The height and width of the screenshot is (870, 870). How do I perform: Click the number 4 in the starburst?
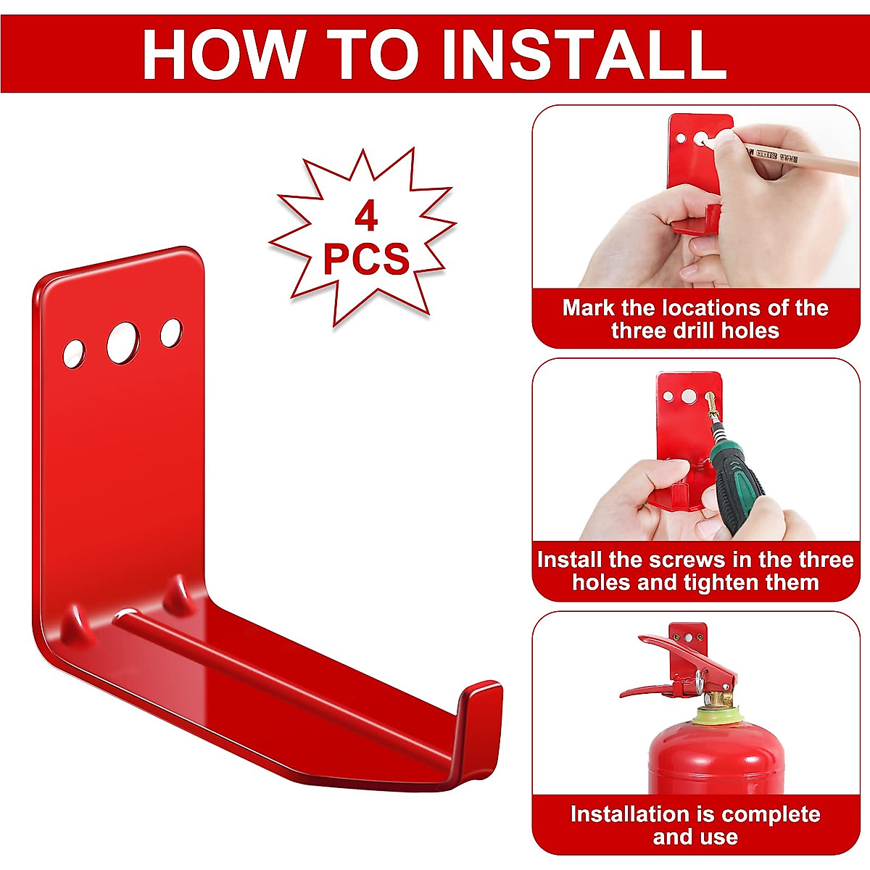(x=366, y=217)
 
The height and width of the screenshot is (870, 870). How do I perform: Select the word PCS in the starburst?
(x=366, y=259)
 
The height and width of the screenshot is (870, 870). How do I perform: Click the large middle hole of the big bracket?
(x=122, y=342)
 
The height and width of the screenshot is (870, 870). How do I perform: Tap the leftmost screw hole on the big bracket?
(x=73, y=353)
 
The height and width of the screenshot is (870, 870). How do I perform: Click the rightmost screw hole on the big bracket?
(x=171, y=332)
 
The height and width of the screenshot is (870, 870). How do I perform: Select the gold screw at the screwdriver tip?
(x=710, y=401)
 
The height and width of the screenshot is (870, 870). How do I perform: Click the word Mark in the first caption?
(x=589, y=308)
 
